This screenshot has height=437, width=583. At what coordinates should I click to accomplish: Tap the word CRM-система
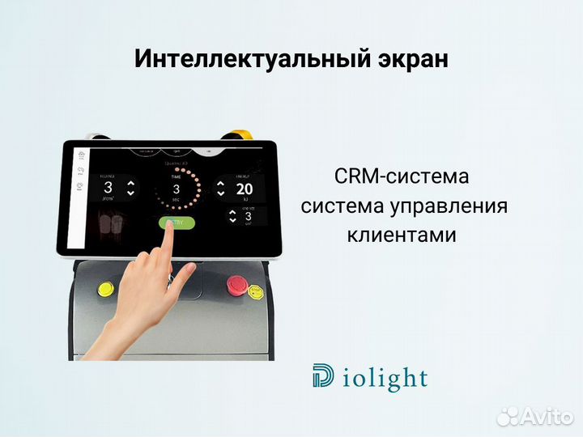pos(401,176)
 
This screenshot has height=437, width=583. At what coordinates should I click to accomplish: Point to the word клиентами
pos(402,235)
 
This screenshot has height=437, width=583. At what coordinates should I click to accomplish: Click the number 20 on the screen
pos(245,189)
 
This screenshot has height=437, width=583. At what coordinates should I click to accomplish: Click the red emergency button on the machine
pos(237,284)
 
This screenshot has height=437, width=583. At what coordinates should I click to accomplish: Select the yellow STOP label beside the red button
pos(256,290)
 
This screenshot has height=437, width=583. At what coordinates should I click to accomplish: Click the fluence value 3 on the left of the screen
pos(108,188)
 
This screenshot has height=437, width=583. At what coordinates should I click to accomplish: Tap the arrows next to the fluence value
pos(131,188)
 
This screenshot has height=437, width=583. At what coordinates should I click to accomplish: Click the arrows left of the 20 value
pos(220,189)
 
